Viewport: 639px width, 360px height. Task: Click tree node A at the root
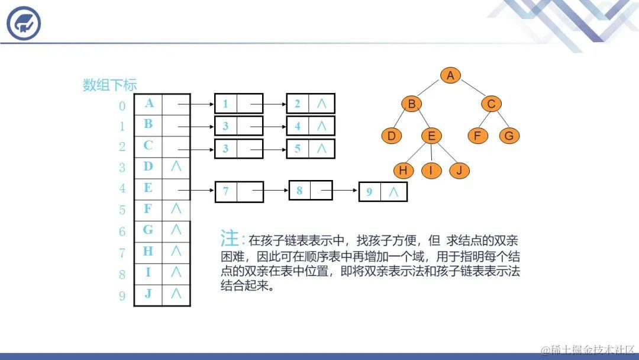click(x=450, y=75)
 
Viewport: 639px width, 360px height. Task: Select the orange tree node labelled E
click(x=431, y=136)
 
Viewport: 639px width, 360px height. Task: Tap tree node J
click(x=459, y=171)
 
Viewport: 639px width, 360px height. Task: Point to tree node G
click(x=509, y=136)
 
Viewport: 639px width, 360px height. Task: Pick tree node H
click(x=404, y=171)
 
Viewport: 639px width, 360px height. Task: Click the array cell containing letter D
click(x=148, y=166)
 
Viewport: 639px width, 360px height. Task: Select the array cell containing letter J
click(x=148, y=293)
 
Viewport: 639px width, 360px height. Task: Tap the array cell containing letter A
click(x=149, y=103)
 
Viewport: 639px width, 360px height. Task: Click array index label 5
click(x=122, y=210)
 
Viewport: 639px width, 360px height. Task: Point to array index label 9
click(x=122, y=296)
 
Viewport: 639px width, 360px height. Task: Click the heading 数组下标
click(x=109, y=85)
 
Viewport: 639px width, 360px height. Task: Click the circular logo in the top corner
click(x=24, y=24)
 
